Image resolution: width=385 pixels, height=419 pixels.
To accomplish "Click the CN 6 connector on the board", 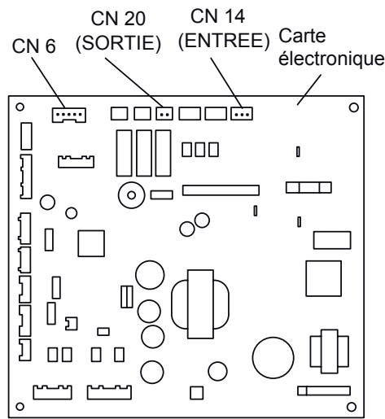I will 70,116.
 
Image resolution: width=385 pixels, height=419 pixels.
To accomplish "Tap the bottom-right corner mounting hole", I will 351,404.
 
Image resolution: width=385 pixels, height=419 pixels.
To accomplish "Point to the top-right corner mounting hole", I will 352,107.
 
